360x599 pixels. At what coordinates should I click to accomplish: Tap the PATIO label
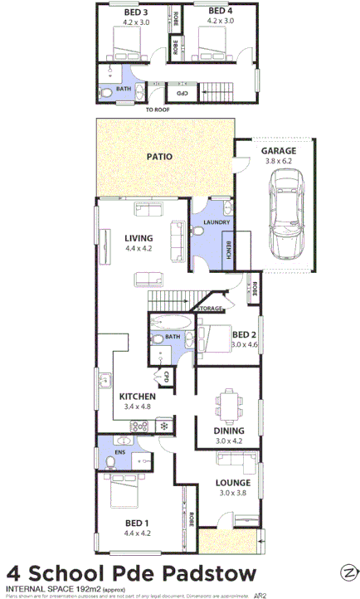tap(159, 156)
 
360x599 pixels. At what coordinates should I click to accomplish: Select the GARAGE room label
tap(279, 151)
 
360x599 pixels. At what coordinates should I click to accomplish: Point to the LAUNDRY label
tap(216, 222)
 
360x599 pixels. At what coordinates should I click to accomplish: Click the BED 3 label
tap(135, 12)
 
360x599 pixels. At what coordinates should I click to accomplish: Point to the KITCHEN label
tap(136, 397)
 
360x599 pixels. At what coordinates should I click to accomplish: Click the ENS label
tap(119, 452)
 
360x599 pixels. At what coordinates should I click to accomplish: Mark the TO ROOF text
tap(157, 109)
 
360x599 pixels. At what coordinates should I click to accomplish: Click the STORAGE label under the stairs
tap(211, 309)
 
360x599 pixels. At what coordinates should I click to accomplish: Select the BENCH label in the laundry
tap(229, 248)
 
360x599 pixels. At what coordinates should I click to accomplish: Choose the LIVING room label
tap(139, 238)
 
